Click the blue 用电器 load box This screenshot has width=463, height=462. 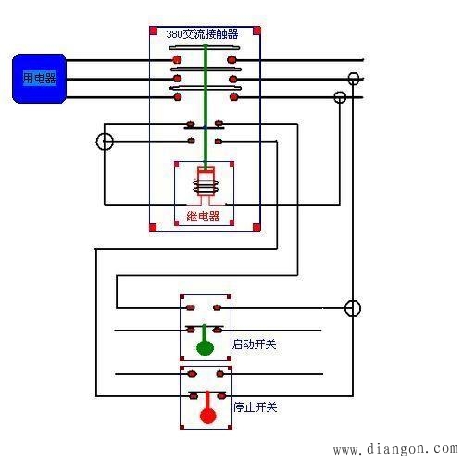[x=38, y=79]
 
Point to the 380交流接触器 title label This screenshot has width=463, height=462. [x=203, y=34]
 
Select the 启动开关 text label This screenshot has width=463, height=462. [x=255, y=344]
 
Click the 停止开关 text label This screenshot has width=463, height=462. [x=255, y=405]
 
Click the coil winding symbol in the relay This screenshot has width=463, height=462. [x=205, y=186]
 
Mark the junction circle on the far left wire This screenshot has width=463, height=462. [x=106, y=142]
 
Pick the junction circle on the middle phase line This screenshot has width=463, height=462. [x=353, y=79]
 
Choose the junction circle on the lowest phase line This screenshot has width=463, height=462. [x=340, y=96]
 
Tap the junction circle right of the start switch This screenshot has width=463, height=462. [x=352, y=307]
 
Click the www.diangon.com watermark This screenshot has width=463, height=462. [x=393, y=450]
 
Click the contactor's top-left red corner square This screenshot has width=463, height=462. [x=153, y=31]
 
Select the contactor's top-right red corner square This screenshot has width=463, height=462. [x=257, y=31]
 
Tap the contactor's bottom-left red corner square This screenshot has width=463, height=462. [x=153, y=226]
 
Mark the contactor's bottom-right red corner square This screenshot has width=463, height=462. [x=257, y=226]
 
